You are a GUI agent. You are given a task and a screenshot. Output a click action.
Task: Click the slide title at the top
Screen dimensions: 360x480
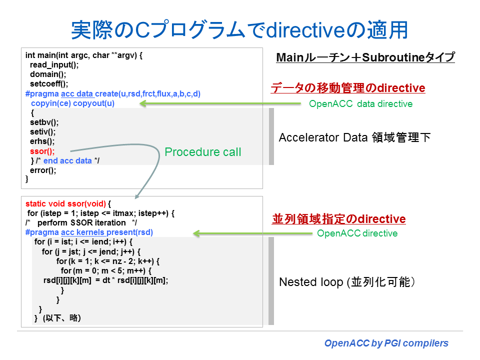pos(239,30)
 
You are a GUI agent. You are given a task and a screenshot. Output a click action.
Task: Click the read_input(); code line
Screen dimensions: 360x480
pos(54,64)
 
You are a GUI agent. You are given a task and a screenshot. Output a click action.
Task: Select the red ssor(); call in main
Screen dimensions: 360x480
pos(42,151)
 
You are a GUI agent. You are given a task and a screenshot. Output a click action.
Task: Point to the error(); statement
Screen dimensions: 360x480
pos(43,169)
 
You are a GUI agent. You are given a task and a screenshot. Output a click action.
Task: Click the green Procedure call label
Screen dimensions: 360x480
pos(202,152)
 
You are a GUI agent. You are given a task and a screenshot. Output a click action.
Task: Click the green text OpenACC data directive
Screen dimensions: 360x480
pos(360,104)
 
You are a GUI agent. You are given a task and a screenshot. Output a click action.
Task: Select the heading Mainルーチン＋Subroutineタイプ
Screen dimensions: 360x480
pos(365,58)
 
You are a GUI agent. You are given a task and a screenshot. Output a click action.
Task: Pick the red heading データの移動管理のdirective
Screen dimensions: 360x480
pos(348,88)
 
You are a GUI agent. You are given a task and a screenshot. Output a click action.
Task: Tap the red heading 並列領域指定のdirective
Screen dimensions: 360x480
pos(338,219)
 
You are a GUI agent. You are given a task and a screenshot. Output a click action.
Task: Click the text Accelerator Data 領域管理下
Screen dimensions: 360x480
pos(354,137)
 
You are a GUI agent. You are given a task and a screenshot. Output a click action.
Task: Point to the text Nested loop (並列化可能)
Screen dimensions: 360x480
pos(346,282)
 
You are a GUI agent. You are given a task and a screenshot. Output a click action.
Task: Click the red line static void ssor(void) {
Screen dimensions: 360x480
pos(68,204)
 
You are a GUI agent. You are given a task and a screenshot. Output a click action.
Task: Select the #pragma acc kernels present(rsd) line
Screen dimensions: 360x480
pos(89,232)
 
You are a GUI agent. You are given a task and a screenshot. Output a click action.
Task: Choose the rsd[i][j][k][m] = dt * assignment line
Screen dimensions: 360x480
pos(106,280)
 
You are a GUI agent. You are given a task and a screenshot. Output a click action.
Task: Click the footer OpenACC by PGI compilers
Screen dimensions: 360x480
pos(386,343)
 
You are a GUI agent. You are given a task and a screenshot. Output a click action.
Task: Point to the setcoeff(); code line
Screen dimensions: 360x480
pos(48,84)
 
